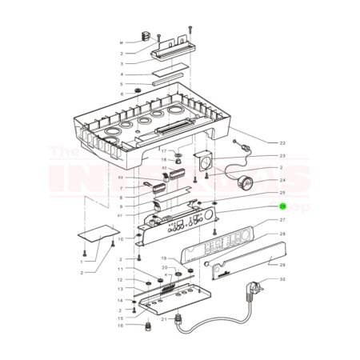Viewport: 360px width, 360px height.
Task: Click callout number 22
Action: coord(282,143)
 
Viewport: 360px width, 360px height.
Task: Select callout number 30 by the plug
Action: coord(282,280)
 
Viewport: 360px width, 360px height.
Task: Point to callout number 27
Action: coord(282,219)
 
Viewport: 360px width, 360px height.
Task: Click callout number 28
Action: coord(282,234)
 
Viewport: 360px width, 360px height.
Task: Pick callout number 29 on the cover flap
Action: coord(282,264)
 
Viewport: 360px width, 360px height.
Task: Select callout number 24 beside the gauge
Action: coord(282,180)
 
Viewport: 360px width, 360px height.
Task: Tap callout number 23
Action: coord(282,156)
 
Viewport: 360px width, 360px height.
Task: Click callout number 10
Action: coord(121,238)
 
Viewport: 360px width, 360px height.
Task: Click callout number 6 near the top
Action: coord(122,94)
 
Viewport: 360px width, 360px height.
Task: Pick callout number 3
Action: coord(122,63)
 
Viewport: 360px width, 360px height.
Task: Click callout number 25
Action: coord(282,193)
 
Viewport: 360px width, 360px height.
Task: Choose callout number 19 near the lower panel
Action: coord(163,258)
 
